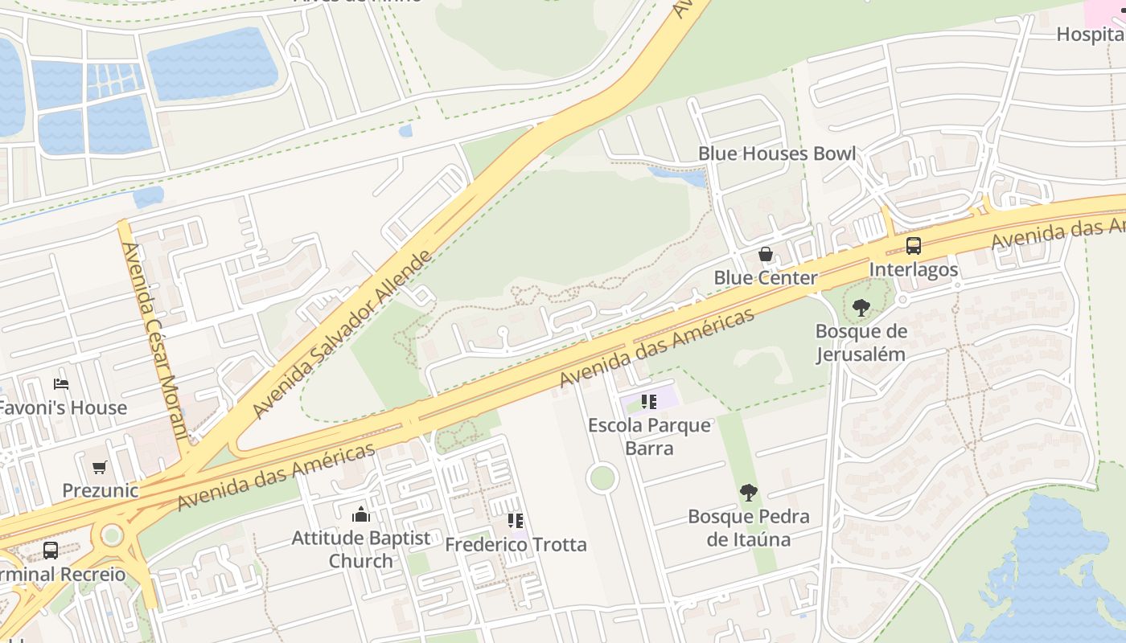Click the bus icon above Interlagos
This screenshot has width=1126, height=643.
(913, 246)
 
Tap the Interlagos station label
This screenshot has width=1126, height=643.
(914, 269)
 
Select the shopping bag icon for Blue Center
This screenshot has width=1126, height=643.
(766, 255)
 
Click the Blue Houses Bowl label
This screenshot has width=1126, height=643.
(776, 154)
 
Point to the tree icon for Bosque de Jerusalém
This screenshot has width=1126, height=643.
(861, 307)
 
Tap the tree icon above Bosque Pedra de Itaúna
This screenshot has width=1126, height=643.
(748, 492)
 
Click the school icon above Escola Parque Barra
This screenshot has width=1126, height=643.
(649, 401)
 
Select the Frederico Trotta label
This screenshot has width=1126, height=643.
(516, 545)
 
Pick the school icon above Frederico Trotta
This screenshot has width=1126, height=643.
(516, 521)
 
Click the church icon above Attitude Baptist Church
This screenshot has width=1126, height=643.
(361, 514)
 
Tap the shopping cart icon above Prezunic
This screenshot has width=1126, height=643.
(100, 467)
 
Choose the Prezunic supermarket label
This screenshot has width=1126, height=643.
(100, 490)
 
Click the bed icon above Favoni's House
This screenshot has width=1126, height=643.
(61, 383)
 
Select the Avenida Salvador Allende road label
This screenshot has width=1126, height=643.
(343, 334)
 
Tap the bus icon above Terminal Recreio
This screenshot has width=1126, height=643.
(50, 551)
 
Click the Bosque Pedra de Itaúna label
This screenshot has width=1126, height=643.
(748, 527)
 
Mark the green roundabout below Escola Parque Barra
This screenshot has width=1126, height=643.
(602, 478)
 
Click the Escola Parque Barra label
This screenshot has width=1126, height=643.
(649, 436)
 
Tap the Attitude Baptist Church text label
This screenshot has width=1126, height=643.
(361, 550)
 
